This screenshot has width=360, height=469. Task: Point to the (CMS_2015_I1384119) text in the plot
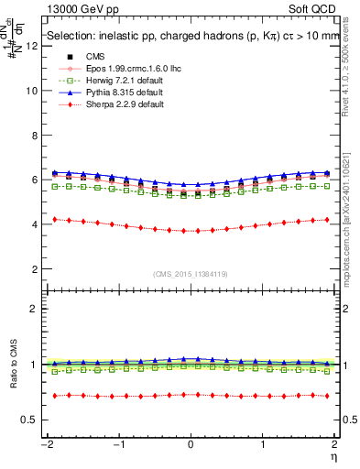191,275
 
